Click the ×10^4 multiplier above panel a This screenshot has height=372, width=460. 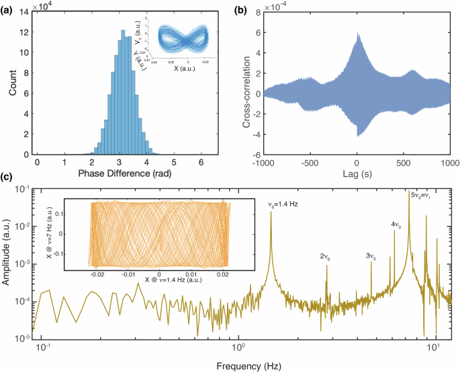click(44, 6)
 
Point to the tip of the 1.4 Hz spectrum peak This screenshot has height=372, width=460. click(271, 211)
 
